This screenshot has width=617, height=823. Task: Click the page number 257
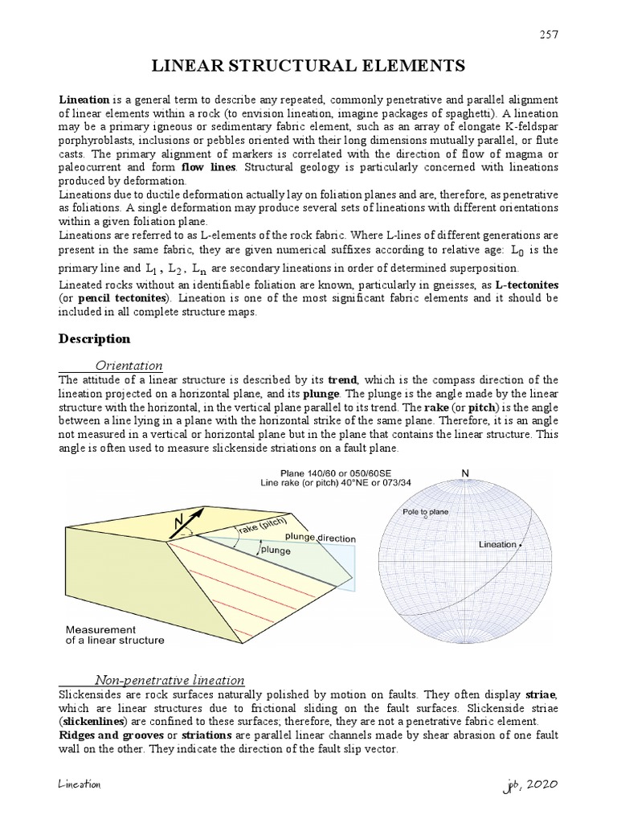pos(548,34)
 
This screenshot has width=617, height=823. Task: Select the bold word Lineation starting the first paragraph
pos(84,100)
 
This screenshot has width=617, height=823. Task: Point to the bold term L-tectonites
pos(525,285)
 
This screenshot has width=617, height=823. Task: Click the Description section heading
pos(94,338)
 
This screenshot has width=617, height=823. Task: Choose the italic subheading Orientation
pos(129,366)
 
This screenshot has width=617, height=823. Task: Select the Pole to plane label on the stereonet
pos(427,511)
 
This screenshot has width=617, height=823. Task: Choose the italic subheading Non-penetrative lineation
pos(170,680)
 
